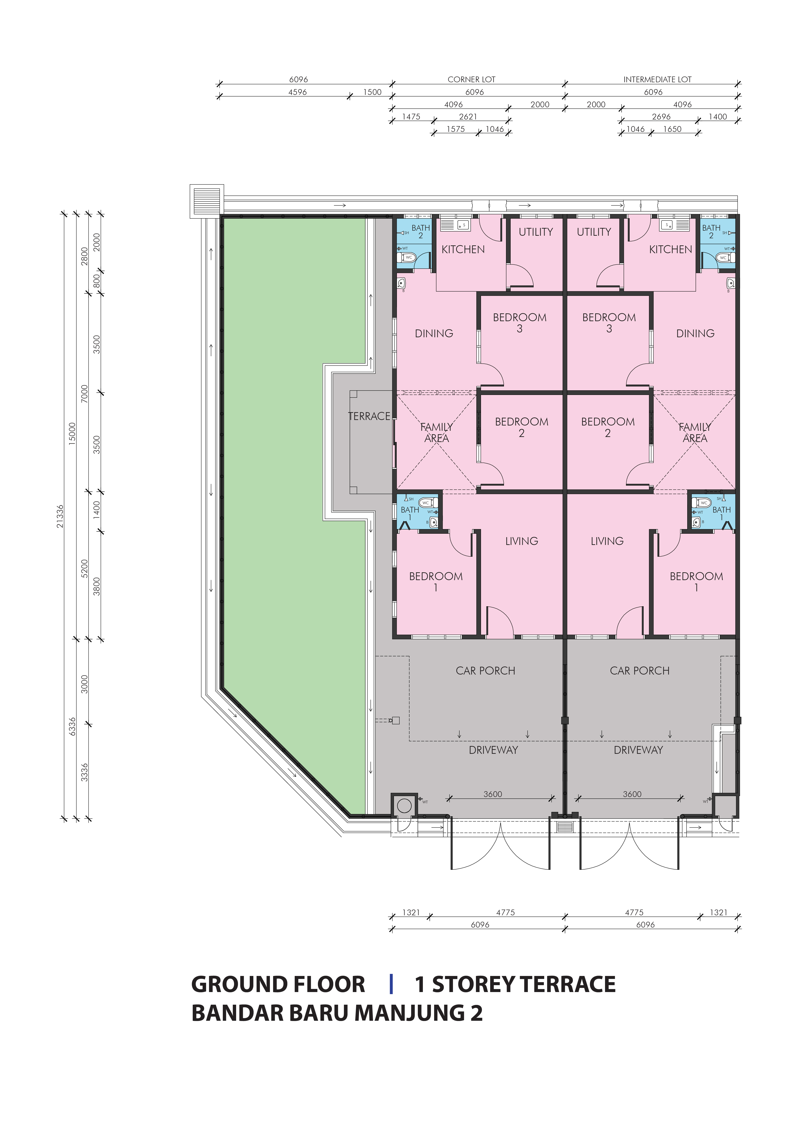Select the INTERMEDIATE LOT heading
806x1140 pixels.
[x=657, y=79]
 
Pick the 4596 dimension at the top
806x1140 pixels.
[x=298, y=92]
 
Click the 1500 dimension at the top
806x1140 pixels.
[x=372, y=92]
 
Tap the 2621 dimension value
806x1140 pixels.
[x=468, y=117]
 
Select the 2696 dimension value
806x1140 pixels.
[x=661, y=117]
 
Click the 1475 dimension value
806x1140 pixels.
[x=411, y=117]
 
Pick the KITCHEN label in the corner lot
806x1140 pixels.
[x=463, y=249]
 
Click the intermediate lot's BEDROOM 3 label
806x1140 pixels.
[x=609, y=323]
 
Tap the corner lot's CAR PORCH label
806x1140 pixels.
[x=485, y=671]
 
